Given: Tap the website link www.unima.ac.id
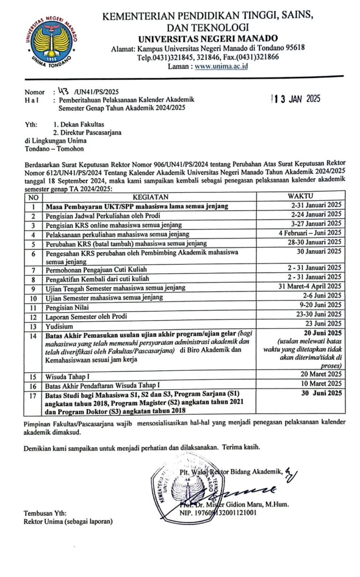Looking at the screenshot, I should pyautogui.click(x=221, y=66).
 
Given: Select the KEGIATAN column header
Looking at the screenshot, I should pyautogui.click(x=150, y=196).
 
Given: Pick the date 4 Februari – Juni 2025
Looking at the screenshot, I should pyautogui.click(x=310, y=233).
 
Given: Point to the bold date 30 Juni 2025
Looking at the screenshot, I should pyautogui.click(x=322, y=393).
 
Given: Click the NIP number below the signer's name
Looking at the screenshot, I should pyautogui.click(x=218, y=513).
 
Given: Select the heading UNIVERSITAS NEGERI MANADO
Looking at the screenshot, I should pyautogui.click(x=208, y=38).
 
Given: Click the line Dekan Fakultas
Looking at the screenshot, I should pyautogui.click(x=79, y=124).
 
